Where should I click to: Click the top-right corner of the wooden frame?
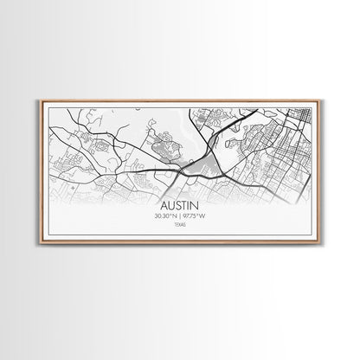pos(320,100)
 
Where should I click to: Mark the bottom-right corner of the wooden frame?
pos(320,243)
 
